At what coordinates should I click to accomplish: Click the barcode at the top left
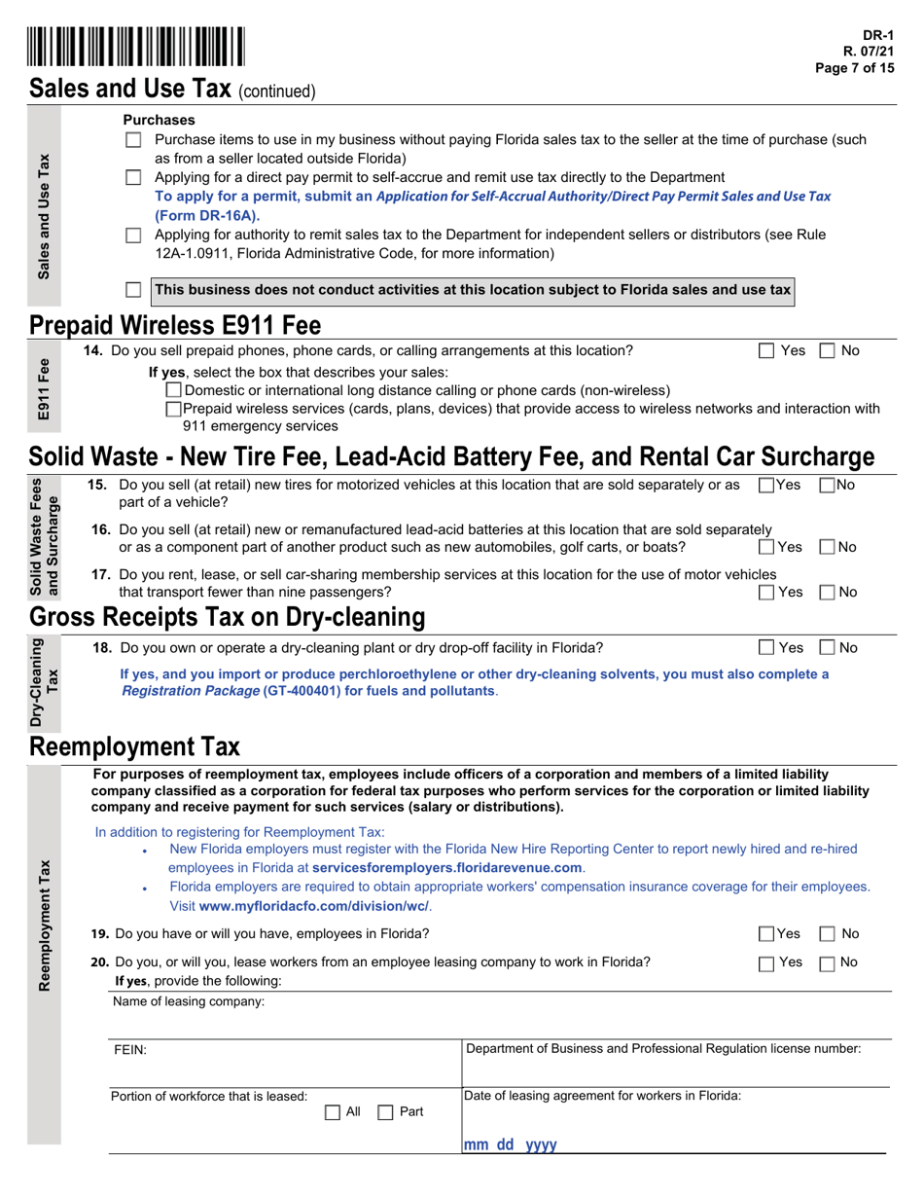click(136, 47)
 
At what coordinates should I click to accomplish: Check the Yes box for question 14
click(766, 350)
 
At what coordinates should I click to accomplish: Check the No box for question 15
click(828, 485)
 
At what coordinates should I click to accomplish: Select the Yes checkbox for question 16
click(766, 547)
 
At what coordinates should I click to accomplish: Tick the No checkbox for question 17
click(828, 592)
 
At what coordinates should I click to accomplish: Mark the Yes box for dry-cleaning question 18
click(766, 647)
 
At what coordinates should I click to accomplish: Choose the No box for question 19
click(828, 934)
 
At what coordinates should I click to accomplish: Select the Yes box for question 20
click(766, 963)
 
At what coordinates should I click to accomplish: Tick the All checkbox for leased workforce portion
click(332, 1111)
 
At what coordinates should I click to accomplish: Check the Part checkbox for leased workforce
click(385, 1111)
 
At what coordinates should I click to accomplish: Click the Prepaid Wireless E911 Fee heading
click(175, 324)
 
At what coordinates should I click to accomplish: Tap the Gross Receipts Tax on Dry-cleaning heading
click(228, 617)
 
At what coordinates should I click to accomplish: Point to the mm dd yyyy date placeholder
click(510, 1145)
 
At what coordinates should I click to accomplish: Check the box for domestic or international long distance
click(174, 390)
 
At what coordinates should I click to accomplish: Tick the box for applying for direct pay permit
click(134, 178)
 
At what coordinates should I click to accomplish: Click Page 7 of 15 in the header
click(856, 67)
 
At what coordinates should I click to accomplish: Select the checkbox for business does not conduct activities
click(134, 290)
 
